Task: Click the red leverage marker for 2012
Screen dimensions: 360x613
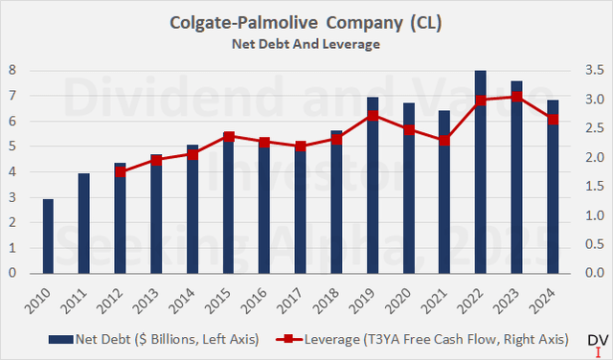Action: pos(120,171)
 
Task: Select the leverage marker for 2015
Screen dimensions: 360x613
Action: pos(229,136)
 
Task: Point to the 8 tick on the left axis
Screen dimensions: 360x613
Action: pos(12,70)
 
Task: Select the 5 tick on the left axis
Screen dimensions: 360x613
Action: pos(12,146)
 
